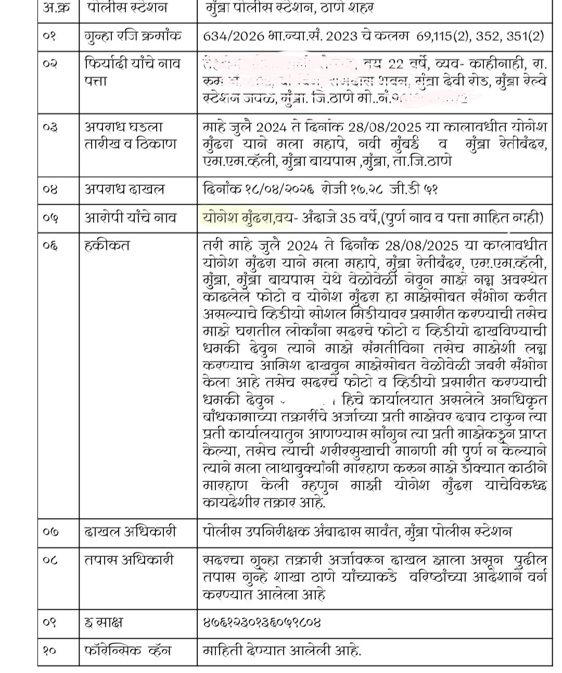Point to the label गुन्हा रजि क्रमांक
coord(134,36)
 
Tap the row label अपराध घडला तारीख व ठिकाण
coord(131,135)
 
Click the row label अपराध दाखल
coord(125,189)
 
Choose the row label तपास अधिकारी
coord(129,560)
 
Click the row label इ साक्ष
coord(104,623)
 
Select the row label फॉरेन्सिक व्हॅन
coord(127,651)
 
